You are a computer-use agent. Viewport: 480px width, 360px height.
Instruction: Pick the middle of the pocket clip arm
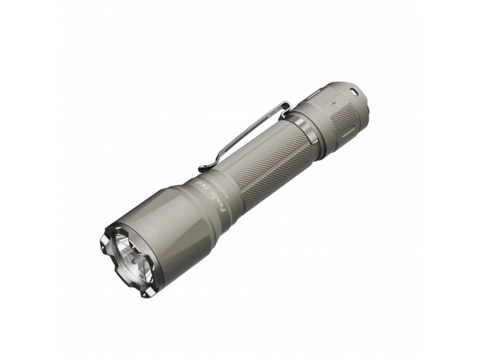[245, 136]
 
